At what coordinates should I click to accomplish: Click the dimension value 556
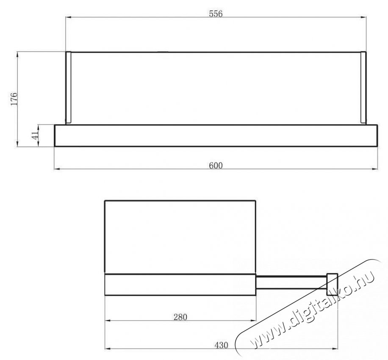point(216,14)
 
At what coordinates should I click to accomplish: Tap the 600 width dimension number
point(216,165)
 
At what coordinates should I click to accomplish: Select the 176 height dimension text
point(14,99)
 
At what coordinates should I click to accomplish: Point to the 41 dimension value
point(36,135)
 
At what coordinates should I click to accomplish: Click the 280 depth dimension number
point(180,316)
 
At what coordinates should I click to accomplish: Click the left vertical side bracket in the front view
point(68,88)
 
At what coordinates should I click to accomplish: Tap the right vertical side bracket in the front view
point(363,88)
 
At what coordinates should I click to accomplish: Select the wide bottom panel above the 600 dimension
point(216,136)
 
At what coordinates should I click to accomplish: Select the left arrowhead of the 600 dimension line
point(57,169)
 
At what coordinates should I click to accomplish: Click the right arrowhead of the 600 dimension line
point(375,169)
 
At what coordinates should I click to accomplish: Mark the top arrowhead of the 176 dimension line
point(17,54)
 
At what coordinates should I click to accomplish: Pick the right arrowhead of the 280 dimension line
point(254,321)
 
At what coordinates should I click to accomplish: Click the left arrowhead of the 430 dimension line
point(107,349)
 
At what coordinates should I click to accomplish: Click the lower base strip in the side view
point(180,285)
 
